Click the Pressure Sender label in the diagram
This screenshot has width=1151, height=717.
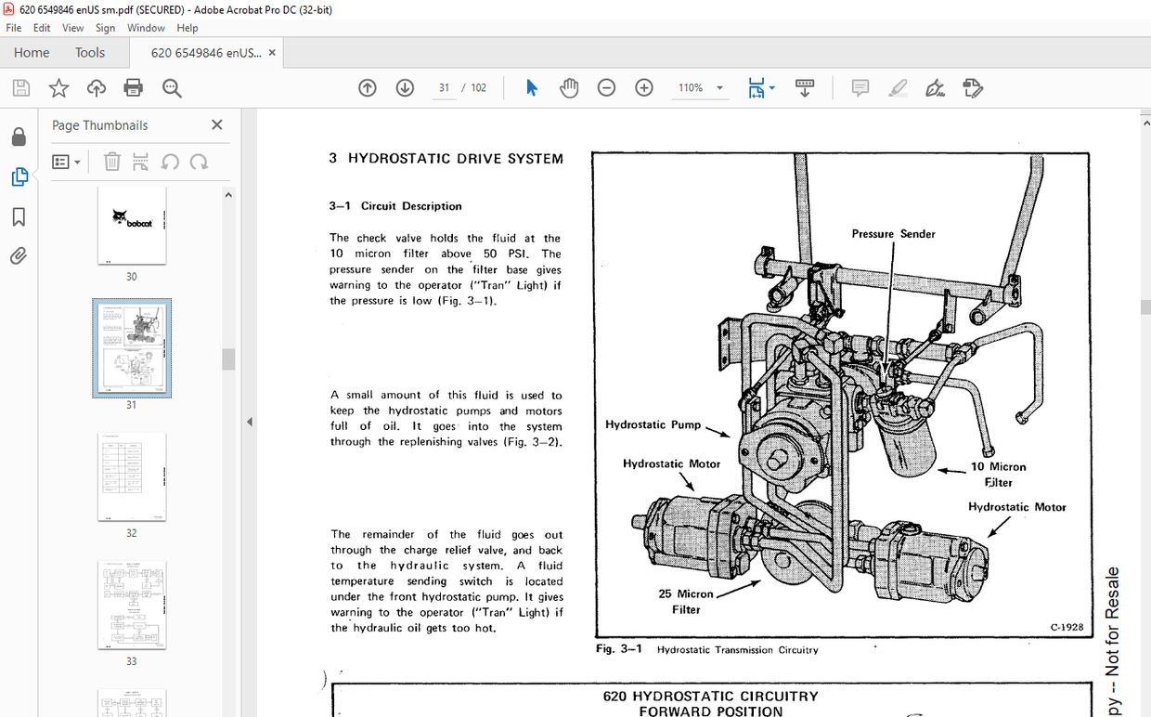point(893,234)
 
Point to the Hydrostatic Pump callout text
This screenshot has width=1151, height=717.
point(653,424)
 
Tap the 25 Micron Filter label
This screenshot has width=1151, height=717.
point(686,602)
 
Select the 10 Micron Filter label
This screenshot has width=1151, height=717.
point(998,475)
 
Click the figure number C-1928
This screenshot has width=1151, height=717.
point(1067,627)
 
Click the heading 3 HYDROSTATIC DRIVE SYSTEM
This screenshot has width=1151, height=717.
point(446,159)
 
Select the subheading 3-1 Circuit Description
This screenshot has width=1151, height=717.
point(395,206)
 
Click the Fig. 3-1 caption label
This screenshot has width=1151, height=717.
point(619,649)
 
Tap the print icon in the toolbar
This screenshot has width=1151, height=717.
point(134,88)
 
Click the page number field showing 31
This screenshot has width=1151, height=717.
point(445,88)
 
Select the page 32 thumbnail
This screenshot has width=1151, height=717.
point(131,476)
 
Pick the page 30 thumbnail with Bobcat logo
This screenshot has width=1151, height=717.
point(131,224)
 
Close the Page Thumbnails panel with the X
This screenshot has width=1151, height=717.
point(217,125)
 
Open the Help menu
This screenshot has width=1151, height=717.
point(188,28)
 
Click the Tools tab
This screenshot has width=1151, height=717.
point(90,53)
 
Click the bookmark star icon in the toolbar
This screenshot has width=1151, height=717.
point(58,88)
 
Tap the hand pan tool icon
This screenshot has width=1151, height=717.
point(569,88)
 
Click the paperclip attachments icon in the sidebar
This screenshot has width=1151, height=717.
point(19,256)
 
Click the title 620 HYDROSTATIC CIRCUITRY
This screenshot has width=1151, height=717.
point(710,696)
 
